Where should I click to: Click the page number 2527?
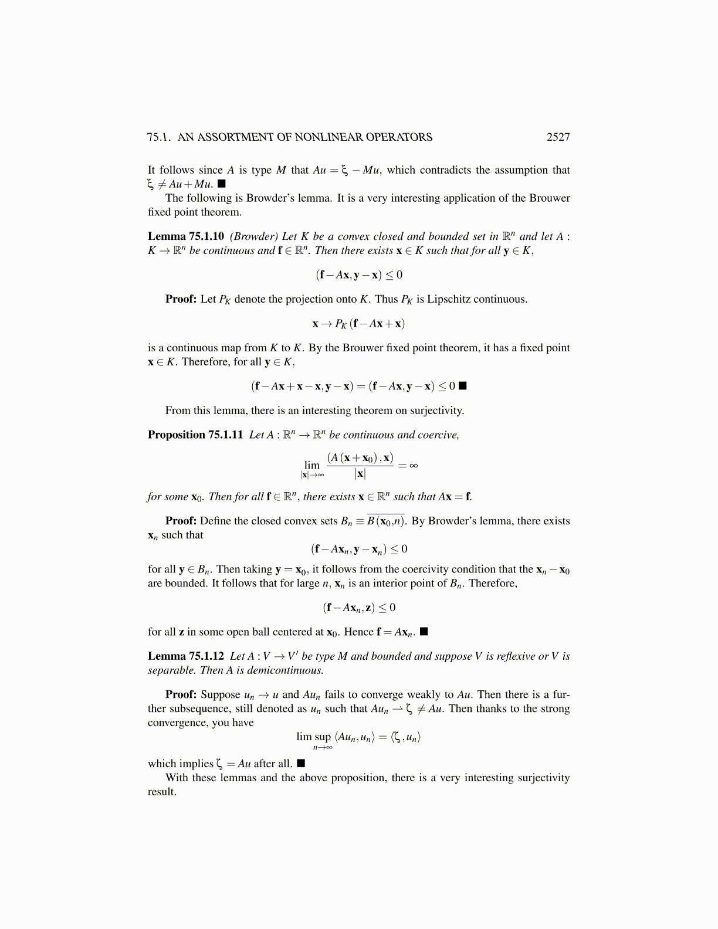558,137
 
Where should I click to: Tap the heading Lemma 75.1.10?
185,236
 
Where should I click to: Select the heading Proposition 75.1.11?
195,435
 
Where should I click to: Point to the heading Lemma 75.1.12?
185,656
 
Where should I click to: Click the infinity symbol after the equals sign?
414,466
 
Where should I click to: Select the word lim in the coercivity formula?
312,465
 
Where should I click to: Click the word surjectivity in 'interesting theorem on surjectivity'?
436,411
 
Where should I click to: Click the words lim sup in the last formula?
314,737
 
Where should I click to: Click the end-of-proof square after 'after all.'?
301,763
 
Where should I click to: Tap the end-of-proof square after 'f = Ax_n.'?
424,632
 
